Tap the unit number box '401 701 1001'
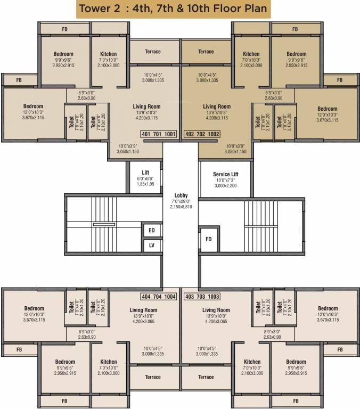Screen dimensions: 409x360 coord(158,134)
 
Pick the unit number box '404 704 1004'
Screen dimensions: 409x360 coord(158,297)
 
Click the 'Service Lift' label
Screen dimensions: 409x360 coord(225,174)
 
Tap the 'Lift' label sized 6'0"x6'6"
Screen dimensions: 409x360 coord(145,171)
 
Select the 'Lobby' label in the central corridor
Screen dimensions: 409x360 coord(181,195)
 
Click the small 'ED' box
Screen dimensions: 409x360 coord(152,231)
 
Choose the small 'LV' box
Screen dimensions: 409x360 coord(152,246)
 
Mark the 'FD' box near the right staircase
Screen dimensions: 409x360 coord(209,239)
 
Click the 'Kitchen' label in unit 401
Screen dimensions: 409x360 coord(109,54)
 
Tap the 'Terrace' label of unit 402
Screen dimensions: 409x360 coord(206,52)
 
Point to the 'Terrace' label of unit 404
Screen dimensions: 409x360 coord(153,377)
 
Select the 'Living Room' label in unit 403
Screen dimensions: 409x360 coord(216,310)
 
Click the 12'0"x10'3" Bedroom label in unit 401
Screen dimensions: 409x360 coord(34,107)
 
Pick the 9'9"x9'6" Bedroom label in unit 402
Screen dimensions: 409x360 coord(296,54)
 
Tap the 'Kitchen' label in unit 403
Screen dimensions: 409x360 coord(251,362)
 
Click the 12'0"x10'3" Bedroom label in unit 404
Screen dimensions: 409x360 coord(34,309)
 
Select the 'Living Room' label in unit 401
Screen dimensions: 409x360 coord(146,107)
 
